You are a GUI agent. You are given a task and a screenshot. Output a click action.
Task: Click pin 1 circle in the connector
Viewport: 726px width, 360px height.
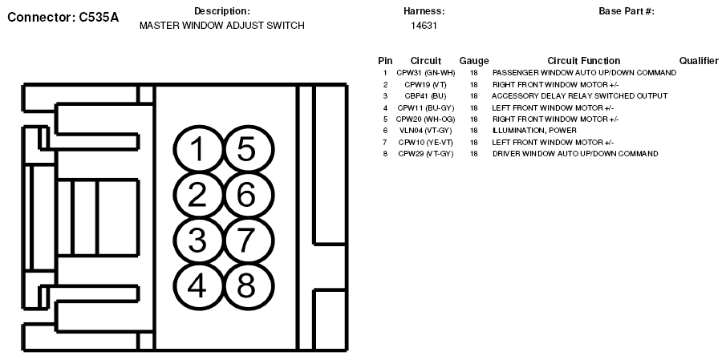pos(198,149)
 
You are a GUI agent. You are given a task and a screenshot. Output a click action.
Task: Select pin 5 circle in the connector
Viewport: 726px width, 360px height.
pos(248,149)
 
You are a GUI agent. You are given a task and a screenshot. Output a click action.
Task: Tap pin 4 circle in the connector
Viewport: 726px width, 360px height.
pos(198,286)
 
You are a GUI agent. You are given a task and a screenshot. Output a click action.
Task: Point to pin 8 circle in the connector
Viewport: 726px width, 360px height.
pos(248,286)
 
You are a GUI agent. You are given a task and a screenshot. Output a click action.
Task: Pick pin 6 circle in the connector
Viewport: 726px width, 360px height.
pos(248,195)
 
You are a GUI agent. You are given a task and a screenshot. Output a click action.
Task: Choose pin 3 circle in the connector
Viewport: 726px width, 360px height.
pos(198,241)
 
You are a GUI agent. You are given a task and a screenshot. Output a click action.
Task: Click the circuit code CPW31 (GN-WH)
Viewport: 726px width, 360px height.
pos(425,73)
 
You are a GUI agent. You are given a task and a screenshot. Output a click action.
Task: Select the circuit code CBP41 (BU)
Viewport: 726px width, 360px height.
pos(425,95)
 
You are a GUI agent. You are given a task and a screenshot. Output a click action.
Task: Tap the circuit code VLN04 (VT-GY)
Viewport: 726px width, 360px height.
pos(425,131)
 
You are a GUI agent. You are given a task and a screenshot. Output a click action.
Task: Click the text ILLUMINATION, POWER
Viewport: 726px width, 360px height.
pos(534,131)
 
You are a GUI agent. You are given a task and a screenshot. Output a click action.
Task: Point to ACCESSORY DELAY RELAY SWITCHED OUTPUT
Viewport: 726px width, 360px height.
pos(580,95)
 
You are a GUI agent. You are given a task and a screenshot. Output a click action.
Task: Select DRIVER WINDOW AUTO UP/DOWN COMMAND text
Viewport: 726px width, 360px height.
pos(575,154)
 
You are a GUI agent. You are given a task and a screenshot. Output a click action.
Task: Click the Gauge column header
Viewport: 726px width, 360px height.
pos(473,61)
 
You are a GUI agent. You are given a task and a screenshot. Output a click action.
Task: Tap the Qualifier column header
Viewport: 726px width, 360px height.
pos(699,61)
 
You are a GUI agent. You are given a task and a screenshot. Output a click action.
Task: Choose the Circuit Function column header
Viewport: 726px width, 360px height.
pos(583,61)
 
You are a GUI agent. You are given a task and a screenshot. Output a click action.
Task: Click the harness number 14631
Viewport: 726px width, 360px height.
pos(424,26)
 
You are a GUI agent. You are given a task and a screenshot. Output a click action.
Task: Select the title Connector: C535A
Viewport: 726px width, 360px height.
pos(63,18)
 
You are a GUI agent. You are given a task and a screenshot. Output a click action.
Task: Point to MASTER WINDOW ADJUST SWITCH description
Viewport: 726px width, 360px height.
pos(221,26)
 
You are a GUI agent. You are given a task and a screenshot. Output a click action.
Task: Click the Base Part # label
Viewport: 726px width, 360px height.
pos(627,11)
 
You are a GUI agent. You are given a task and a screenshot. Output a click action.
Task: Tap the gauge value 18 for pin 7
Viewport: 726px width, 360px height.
pos(473,142)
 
